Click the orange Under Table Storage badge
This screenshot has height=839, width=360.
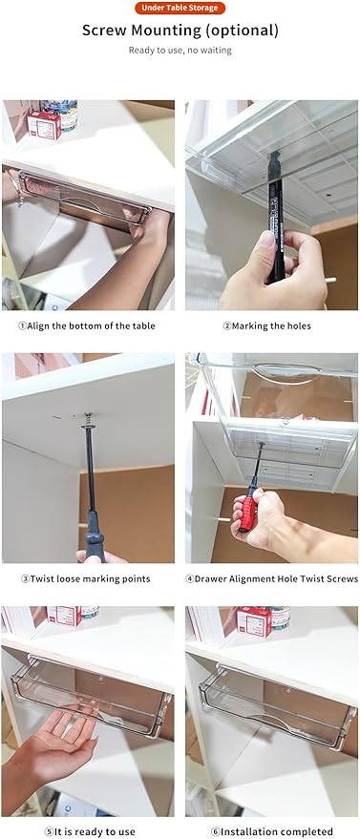(180, 8)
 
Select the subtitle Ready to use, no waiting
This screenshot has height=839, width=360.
(180, 51)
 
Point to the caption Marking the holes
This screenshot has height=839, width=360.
(266, 325)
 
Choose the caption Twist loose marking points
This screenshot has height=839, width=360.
(86, 578)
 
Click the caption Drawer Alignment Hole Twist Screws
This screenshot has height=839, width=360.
(272, 578)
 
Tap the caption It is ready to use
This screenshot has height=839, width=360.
(89, 831)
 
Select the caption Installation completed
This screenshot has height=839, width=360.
(272, 831)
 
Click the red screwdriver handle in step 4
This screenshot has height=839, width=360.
(247, 513)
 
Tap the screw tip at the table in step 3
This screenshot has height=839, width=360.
(89, 416)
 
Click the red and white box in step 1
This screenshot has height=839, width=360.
(44, 125)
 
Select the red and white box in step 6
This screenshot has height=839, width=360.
(254, 621)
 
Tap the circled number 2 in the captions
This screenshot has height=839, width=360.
(227, 325)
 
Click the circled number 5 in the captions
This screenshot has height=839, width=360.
(48, 832)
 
